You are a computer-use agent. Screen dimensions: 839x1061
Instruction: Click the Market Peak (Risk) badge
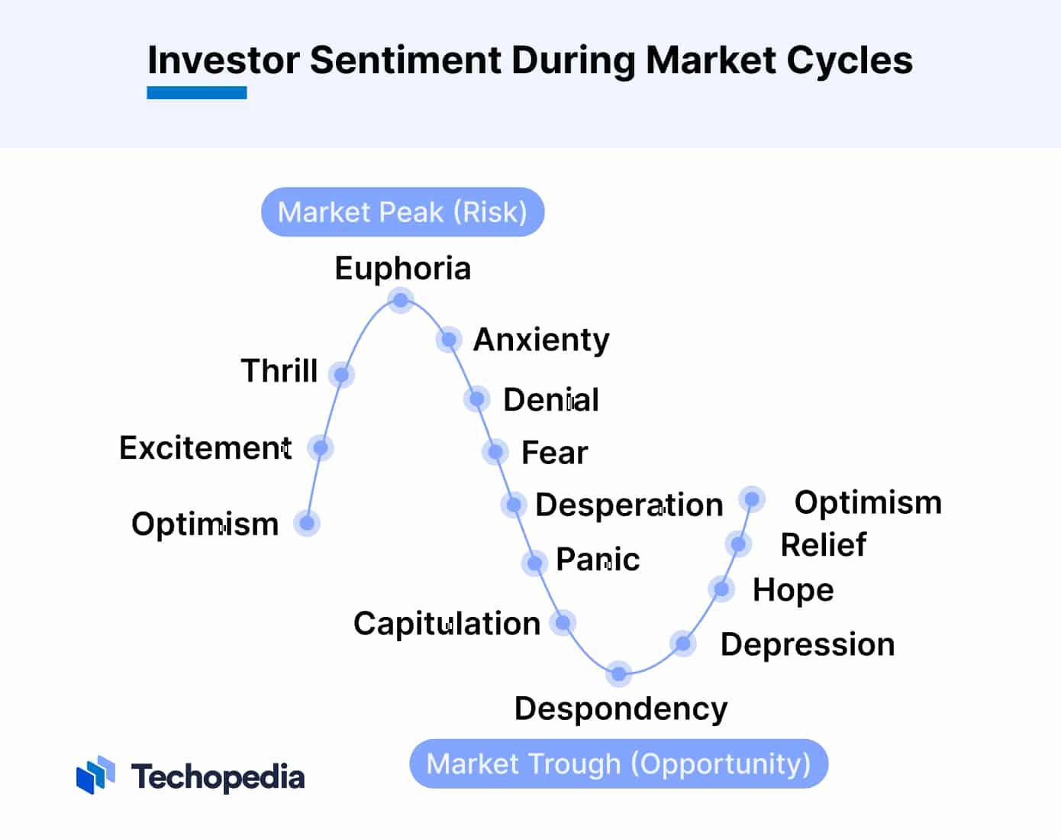pyautogui.click(x=402, y=211)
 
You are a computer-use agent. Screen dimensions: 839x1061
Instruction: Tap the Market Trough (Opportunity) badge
pyautogui.click(x=618, y=763)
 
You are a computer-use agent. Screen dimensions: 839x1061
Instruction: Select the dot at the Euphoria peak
pyautogui.click(x=401, y=300)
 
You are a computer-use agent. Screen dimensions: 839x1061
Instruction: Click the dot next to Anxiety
pyautogui.click(x=449, y=339)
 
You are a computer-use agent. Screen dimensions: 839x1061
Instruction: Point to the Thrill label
pyautogui.click(x=279, y=370)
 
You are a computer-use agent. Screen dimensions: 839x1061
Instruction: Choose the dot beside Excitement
pyautogui.click(x=321, y=447)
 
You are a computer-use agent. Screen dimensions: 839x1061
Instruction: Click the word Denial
pyautogui.click(x=551, y=399)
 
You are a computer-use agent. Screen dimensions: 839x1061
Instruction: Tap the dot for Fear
pyautogui.click(x=495, y=452)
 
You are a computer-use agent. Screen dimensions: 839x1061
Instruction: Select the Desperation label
pyautogui.click(x=629, y=505)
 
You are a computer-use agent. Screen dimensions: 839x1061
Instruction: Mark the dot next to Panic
pyautogui.click(x=534, y=563)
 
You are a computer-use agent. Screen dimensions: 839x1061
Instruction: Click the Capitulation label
pyautogui.click(x=447, y=623)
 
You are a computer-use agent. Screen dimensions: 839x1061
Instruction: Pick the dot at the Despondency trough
pyautogui.click(x=619, y=673)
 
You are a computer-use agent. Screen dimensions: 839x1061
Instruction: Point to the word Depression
pyautogui.click(x=808, y=644)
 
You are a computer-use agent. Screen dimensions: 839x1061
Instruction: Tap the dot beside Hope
pyautogui.click(x=721, y=589)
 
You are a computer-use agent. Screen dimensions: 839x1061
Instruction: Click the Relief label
pyautogui.click(x=823, y=545)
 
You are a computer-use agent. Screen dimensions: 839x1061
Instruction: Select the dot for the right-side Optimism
pyautogui.click(x=752, y=499)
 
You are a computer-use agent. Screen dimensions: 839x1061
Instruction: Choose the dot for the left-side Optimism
pyautogui.click(x=307, y=523)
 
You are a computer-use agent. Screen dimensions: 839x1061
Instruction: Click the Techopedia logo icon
pyautogui.click(x=95, y=775)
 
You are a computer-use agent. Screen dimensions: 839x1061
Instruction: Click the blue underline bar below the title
pyautogui.click(x=197, y=93)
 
